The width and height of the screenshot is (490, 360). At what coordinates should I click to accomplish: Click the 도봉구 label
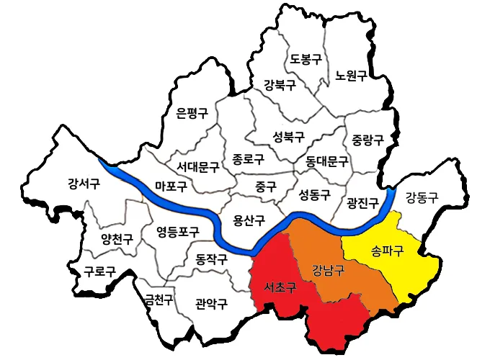(306, 60)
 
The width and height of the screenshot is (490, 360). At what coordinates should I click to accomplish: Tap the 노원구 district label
(351, 75)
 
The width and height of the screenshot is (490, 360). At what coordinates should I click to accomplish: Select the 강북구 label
(280, 85)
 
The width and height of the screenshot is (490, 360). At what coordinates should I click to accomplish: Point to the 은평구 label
(192, 113)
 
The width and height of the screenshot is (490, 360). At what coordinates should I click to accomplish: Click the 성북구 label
(288, 136)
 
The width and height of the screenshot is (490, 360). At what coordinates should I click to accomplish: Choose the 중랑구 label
(367, 138)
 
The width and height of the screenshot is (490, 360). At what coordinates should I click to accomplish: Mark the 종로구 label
(249, 158)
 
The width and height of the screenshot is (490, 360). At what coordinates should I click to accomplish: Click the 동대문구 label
(326, 161)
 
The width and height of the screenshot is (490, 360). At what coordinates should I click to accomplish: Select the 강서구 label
(84, 183)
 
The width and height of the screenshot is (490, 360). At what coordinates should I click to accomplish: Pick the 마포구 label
(171, 187)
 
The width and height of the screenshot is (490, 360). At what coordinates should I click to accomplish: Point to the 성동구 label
(314, 194)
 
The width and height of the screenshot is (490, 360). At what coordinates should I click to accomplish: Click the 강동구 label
(422, 196)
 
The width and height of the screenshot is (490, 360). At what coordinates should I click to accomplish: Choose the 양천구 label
(117, 239)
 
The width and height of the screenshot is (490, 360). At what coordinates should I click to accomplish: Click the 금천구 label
(158, 300)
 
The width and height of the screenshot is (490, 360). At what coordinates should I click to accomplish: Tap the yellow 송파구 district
(389, 253)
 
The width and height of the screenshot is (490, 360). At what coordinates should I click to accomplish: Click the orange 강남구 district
(328, 271)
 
